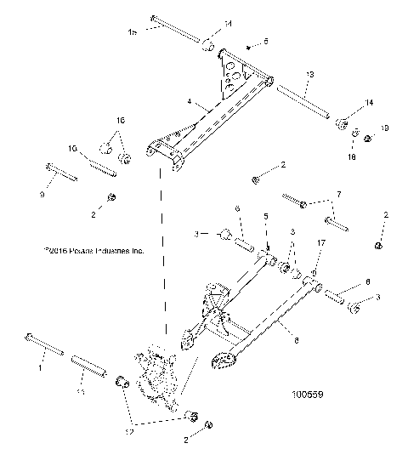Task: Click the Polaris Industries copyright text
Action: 93,252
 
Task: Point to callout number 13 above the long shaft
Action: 308,76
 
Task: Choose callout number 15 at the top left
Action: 132,32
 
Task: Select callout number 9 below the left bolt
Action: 42,194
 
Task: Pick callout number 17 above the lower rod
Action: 320,266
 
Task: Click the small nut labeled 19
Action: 367,137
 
